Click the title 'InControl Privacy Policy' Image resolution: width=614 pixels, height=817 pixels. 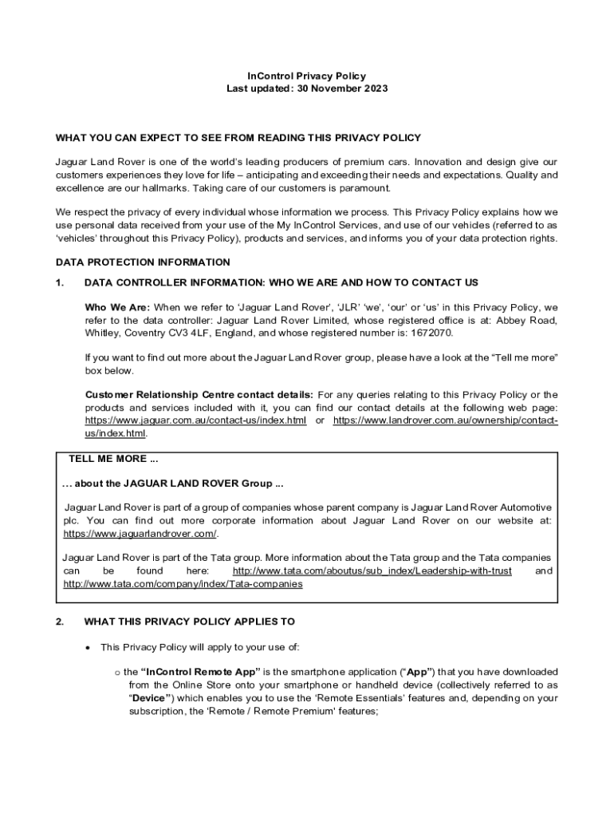point(307,76)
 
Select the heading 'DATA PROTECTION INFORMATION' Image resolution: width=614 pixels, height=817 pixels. point(143,262)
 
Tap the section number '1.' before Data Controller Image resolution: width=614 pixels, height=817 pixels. point(59,282)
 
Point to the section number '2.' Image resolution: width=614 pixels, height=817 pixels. point(60,622)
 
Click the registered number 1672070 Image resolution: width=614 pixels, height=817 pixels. point(428,333)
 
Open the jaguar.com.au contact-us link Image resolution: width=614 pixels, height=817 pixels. point(195,420)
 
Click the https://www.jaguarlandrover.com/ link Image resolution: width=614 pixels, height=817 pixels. point(140,533)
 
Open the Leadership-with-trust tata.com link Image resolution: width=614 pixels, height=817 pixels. point(372,571)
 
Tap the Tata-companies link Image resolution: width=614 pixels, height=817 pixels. point(183,584)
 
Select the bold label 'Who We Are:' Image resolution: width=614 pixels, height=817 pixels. point(117,307)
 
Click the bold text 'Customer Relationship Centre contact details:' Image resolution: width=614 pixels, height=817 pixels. point(199,395)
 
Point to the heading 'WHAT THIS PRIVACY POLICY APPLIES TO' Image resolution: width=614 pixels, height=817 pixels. point(189,622)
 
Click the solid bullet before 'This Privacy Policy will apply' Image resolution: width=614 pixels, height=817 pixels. point(88,647)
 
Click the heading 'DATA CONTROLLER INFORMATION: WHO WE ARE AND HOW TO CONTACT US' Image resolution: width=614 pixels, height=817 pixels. point(281,282)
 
